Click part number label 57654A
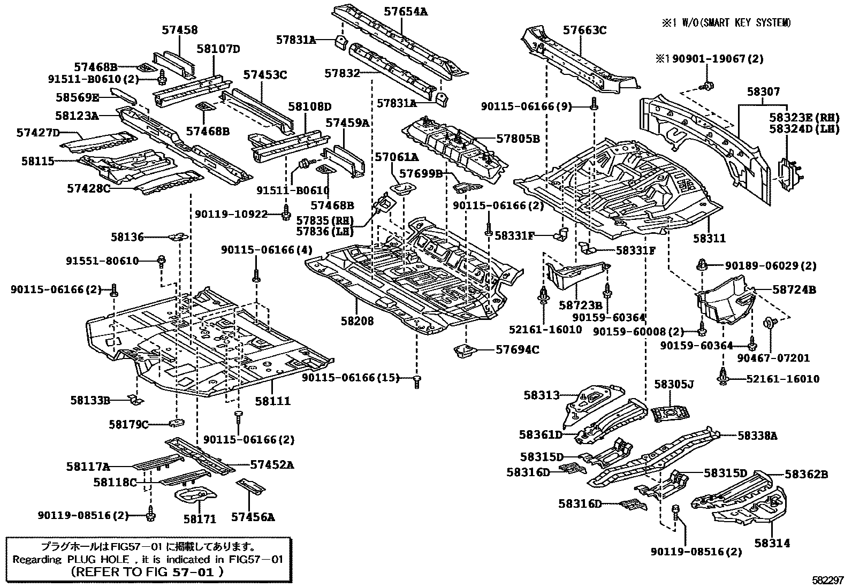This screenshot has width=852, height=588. (406, 11)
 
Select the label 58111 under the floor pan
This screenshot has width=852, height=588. (272, 401)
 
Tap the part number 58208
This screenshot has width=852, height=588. (357, 321)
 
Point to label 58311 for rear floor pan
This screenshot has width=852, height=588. (709, 239)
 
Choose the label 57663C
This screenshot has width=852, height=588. (584, 30)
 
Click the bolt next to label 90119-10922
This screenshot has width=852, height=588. (286, 214)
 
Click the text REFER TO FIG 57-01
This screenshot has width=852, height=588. (147, 571)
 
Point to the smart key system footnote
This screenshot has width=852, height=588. (726, 22)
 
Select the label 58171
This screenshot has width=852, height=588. (200, 518)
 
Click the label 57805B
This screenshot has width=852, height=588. (518, 139)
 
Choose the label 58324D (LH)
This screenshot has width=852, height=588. (804, 129)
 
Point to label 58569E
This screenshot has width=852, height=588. (77, 97)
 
